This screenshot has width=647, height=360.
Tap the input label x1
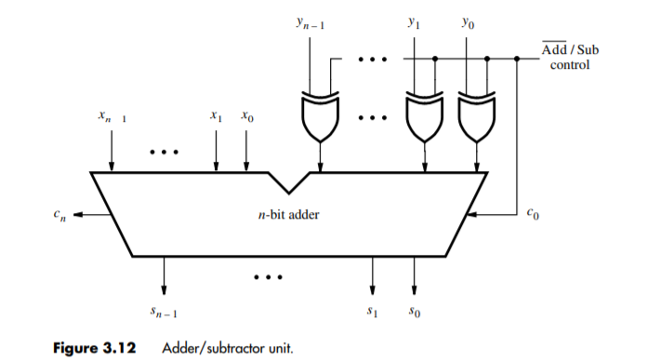216,118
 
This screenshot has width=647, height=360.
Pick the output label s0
415,314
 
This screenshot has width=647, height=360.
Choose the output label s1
373,314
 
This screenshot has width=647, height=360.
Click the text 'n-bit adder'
288,215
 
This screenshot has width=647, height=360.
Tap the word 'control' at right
571,65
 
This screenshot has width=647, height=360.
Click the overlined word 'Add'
554,50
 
